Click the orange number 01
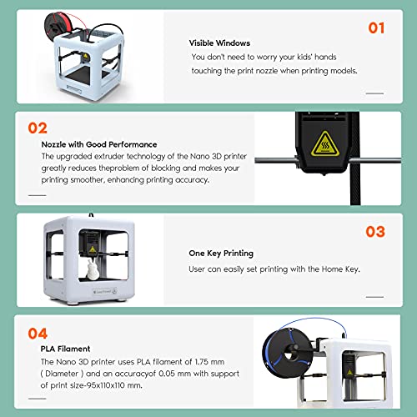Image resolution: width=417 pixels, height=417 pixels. (x=376, y=28)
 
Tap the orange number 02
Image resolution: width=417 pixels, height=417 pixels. (x=38, y=128)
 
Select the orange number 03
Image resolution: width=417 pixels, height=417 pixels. (x=375, y=232)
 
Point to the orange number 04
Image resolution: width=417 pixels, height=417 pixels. (x=38, y=334)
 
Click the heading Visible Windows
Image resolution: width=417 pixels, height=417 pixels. (x=219, y=43)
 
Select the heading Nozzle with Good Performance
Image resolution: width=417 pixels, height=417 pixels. (x=99, y=144)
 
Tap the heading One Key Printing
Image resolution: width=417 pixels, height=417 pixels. (x=221, y=254)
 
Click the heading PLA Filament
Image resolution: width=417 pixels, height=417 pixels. (x=65, y=349)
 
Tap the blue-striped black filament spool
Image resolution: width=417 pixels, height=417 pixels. (x=288, y=351)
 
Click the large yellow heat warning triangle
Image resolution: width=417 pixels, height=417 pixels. (x=325, y=143)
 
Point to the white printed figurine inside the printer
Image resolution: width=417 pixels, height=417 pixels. (x=92, y=269)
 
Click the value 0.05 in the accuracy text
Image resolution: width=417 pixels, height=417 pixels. (x=167, y=374)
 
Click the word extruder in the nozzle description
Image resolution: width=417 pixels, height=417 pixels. (x=109, y=157)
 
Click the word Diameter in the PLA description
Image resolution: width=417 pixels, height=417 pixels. (x=62, y=374)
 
